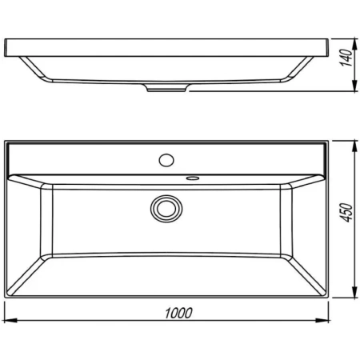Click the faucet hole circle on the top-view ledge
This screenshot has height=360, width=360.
point(166,159)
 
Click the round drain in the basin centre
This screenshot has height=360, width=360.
point(166,209)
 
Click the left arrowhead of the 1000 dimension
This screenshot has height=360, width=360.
point(8,322)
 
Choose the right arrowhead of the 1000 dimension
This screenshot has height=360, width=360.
point(326,322)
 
